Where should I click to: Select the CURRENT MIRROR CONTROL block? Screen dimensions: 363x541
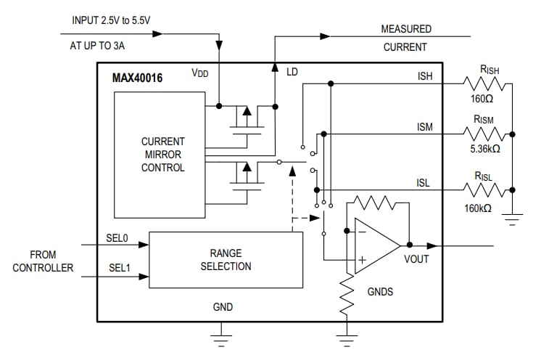tap(162, 155)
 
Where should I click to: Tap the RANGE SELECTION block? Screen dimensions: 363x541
tap(226, 260)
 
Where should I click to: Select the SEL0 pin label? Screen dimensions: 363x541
tap(118, 238)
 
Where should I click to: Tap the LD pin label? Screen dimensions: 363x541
tap(292, 73)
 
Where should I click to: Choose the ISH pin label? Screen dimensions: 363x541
tap(426, 76)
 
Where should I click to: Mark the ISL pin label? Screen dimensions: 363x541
tap(423, 183)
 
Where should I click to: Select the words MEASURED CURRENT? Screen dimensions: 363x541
tap(406, 38)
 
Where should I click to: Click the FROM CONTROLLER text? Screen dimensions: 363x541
tap(43, 261)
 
